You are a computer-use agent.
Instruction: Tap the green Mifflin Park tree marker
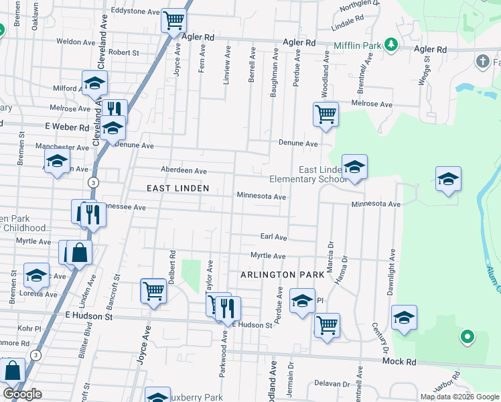coord(392,46)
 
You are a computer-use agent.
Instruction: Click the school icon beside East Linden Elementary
coord(354,167)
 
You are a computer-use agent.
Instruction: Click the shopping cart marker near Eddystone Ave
coord(173,21)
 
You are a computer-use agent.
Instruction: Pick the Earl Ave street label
coord(273,237)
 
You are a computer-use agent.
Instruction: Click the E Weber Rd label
coord(67,127)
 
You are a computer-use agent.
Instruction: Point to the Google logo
coord(22,394)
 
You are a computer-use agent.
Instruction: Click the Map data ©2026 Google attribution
coord(459,397)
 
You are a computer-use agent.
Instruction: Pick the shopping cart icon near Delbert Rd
coord(153,291)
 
